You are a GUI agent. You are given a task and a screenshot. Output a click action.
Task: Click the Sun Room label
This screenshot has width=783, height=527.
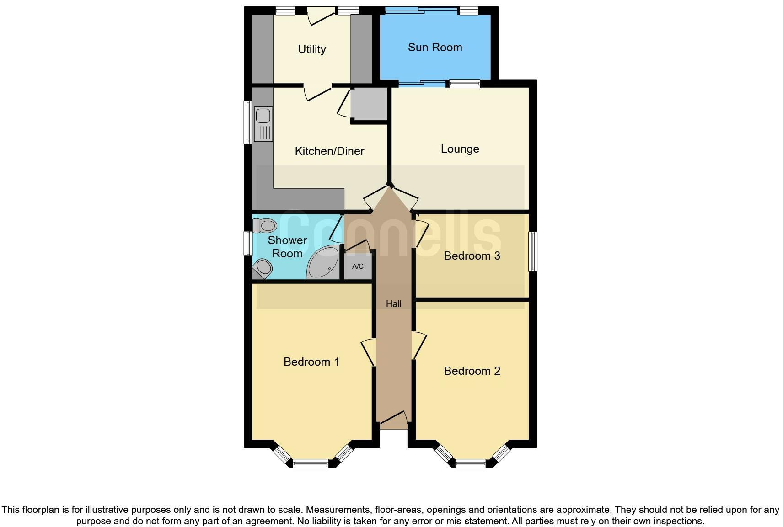pos(434,48)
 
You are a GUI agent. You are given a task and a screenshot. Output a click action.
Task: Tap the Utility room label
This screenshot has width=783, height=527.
pos(312,49)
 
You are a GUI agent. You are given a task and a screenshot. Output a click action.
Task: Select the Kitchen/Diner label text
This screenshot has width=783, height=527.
pos(329,151)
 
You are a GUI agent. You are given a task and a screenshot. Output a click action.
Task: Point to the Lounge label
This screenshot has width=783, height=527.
pos(460,149)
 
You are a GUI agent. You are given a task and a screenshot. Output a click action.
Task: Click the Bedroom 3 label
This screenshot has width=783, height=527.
pos(472,256)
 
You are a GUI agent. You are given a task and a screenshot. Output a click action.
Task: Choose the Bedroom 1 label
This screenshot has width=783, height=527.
pos(311,362)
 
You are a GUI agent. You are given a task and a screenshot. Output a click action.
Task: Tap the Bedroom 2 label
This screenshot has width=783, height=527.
pos(472,371)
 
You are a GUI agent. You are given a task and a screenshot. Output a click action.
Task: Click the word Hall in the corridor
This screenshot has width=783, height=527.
pos(393,304)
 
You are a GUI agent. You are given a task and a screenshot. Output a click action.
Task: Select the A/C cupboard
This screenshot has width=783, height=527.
pos(358,266)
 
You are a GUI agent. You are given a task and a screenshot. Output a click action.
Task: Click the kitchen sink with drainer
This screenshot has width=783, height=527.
pos(263,124)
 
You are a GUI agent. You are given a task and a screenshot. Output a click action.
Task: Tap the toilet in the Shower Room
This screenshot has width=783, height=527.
pos(265,225)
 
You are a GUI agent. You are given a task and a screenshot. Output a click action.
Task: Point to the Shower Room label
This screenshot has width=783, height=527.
pos(287,247)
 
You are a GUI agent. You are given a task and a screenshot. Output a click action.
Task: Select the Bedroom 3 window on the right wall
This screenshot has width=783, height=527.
pos(533,252)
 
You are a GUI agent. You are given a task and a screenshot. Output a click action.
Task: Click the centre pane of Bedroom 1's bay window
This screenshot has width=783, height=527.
pos(311,463)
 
